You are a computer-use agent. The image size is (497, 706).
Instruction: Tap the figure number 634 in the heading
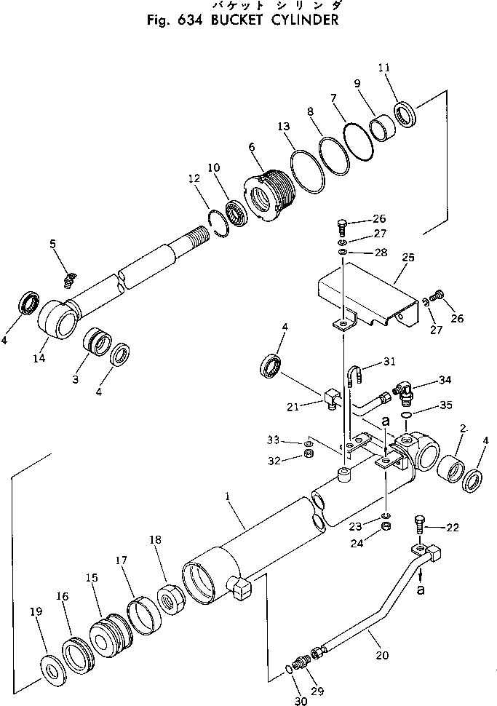[x=186, y=20]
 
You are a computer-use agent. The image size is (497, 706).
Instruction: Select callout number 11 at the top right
[x=384, y=68]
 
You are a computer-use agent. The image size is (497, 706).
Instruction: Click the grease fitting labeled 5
[x=70, y=277]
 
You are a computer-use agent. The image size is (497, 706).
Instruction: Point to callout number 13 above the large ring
[x=285, y=126]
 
